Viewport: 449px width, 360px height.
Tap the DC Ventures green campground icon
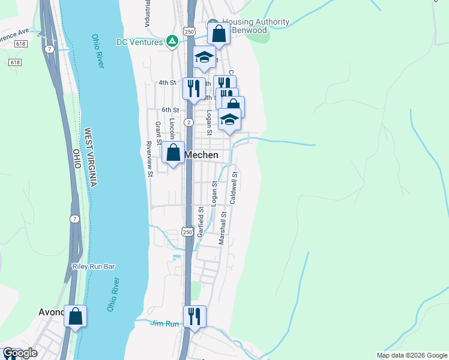(172, 41)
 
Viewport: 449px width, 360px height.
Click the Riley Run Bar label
(93, 266)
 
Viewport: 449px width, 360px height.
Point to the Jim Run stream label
(164, 324)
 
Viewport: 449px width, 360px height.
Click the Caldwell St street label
(235, 187)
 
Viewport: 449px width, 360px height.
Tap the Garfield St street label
(201, 223)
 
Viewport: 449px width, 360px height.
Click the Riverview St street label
(149, 159)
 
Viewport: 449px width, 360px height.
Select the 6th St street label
(170, 110)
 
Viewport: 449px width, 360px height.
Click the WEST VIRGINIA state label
(91, 157)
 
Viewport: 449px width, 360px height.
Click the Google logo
(20, 353)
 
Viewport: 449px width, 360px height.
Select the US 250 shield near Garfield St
(187, 232)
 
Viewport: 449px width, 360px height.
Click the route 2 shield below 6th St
(188, 122)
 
